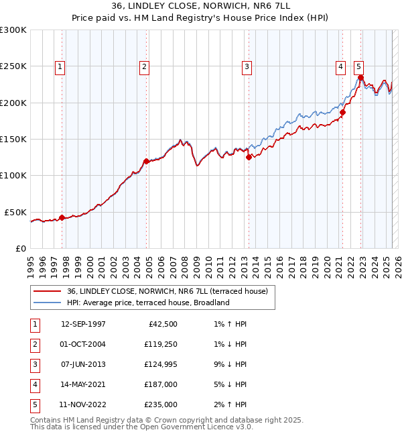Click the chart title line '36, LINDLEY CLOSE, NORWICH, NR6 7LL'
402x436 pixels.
200,5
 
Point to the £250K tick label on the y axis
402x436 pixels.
13,66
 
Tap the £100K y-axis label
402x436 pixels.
13,175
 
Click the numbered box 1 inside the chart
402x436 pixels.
60,66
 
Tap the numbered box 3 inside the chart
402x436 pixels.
247,66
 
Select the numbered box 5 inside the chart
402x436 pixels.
359,66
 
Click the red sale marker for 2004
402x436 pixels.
146,161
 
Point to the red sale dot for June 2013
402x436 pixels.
249,158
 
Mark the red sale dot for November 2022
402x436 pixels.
360,77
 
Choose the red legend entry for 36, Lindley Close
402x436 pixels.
167,291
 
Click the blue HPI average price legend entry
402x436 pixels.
148,303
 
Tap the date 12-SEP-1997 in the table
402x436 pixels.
83,324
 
